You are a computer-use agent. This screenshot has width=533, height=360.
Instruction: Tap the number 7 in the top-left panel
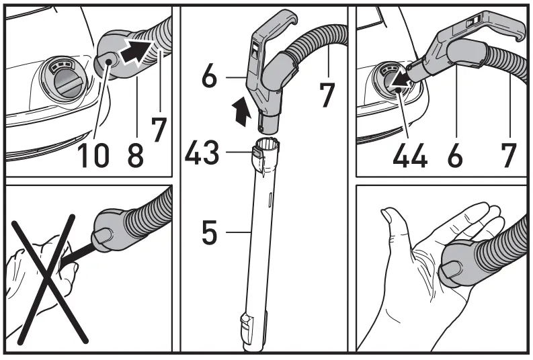tap(159, 128)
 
